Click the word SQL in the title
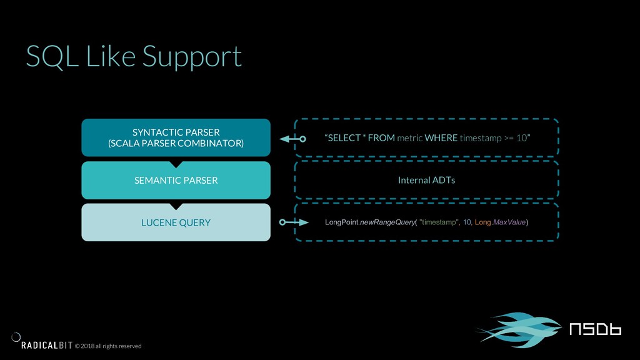pos(52,56)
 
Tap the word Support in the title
pos(192,57)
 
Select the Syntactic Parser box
pos(176,137)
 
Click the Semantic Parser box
pos(176,180)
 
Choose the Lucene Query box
pos(176,222)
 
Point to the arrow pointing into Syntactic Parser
pos(292,139)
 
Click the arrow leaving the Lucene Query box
pos(294,222)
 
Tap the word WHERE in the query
pos(441,138)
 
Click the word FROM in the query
pos(381,138)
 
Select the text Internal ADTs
pos(426,180)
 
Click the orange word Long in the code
pos(482,222)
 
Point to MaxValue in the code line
pos(509,222)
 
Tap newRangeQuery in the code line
pos(387,222)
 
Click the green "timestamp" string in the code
pos(439,222)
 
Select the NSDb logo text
pos(595,329)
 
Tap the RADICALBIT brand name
pos(46,345)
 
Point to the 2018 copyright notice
pos(108,346)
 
